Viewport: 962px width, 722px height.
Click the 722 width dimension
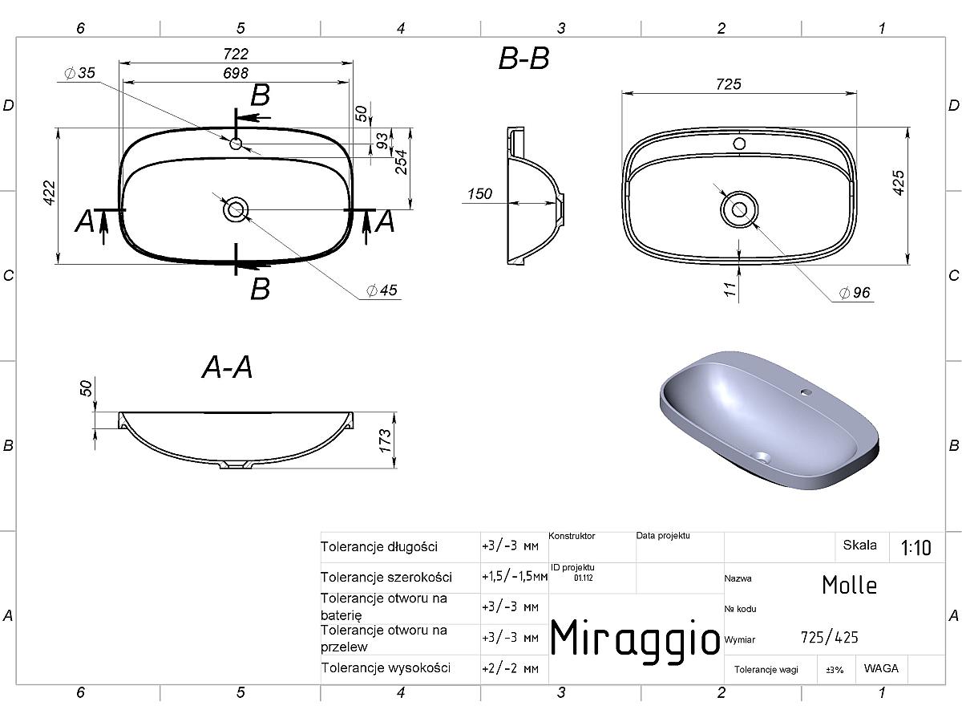[x=236, y=54]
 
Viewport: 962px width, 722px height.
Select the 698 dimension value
[x=236, y=73]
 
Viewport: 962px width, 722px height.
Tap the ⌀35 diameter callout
[x=79, y=73]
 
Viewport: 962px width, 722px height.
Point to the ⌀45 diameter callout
[x=382, y=290]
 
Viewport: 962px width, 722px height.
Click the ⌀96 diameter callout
[x=855, y=292]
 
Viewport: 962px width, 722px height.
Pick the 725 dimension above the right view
[x=729, y=84]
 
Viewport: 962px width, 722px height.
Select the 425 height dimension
[x=898, y=182]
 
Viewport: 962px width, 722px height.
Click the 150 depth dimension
[x=479, y=194]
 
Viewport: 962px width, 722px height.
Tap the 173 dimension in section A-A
[x=385, y=440]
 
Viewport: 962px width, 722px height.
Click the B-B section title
[x=523, y=59]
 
